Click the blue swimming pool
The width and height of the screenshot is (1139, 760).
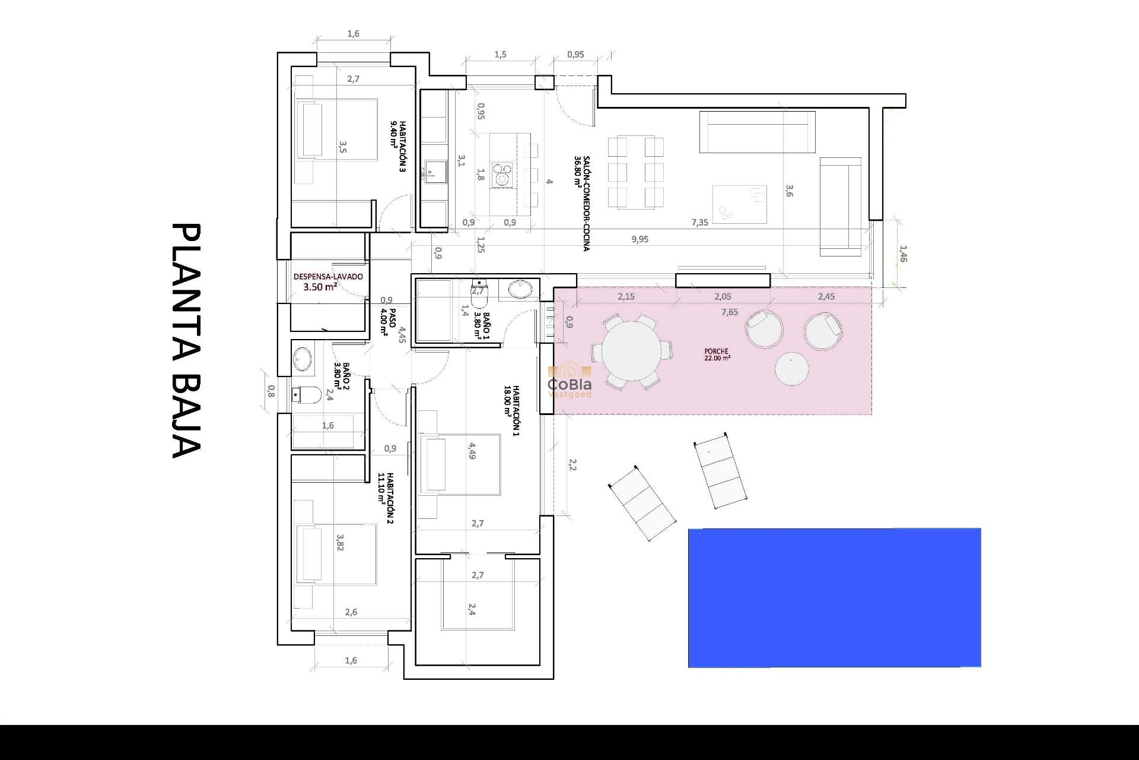[834, 597]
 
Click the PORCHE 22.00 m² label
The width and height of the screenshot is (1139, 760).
[717, 354]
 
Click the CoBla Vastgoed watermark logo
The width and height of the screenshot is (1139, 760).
[569, 380]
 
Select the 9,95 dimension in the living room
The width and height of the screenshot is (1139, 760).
[640, 239]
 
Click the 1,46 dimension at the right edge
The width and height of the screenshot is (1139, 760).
[902, 254]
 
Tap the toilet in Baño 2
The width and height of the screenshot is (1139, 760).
[307, 394]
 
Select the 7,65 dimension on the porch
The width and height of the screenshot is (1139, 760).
[730, 312]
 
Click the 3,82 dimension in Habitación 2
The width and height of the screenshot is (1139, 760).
[340, 542]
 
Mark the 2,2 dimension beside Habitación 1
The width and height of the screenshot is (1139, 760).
[572, 464]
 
